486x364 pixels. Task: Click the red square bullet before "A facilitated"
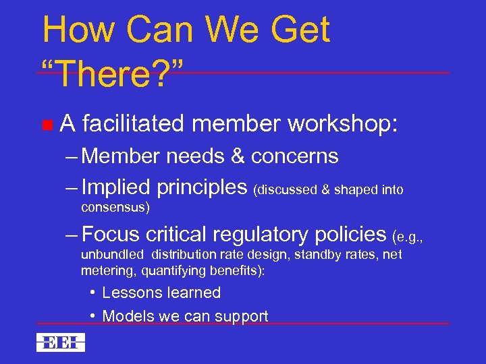coord(47,124)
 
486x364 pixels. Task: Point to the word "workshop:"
coord(343,124)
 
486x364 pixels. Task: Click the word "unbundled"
coord(112,255)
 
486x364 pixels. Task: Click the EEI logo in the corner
coord(61,342)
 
